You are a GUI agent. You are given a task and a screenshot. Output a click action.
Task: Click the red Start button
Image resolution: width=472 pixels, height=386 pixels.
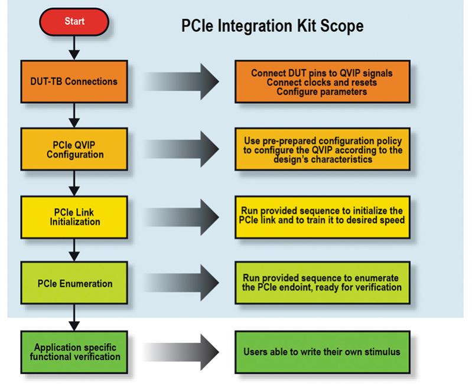tap(74, 22)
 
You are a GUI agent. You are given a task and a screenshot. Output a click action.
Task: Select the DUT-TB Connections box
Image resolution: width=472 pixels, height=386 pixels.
tap(74, 81)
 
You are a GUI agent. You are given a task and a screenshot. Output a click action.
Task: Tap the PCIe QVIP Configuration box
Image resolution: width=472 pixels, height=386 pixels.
tap(74, 149)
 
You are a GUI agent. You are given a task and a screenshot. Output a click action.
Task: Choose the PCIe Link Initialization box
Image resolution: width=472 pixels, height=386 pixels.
tap(74, 217)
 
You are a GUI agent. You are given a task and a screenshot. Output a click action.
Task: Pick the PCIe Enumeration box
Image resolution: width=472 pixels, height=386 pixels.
tap(74, 283)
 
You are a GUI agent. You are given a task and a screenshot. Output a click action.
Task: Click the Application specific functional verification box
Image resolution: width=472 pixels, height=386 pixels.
tap(74, 352)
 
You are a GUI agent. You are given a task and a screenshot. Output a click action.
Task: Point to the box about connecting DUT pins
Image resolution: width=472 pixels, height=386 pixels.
tap(323, 81)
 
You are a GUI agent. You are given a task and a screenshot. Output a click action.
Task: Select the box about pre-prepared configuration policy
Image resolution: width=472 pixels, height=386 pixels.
tap(323, 149)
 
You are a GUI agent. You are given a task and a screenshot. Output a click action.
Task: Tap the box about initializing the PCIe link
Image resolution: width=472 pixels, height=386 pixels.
tap(323, 217)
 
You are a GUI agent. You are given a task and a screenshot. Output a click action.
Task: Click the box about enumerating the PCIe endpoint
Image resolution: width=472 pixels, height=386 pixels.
tap(323, 283)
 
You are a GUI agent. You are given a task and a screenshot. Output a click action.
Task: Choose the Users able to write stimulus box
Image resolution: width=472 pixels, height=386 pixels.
tap(323, 352)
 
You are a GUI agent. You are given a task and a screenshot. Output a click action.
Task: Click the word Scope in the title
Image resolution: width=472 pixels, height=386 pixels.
tap(341, 26)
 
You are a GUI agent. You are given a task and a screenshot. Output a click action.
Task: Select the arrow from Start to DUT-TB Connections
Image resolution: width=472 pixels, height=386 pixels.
tap(74, 48)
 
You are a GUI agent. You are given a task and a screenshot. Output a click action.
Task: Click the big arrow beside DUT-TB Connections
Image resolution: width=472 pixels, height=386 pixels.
tap(181, 81)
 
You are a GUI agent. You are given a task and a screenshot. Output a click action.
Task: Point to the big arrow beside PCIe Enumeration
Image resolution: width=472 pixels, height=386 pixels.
tap(181, 283)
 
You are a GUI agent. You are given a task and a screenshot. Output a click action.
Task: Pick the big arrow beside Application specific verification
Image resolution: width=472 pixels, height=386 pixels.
tap(181, 352)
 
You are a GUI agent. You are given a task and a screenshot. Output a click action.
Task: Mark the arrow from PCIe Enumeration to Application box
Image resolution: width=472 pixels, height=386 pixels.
tap(74, 318)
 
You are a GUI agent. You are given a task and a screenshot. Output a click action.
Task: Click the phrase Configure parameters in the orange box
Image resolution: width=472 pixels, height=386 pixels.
tap(322, 91)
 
